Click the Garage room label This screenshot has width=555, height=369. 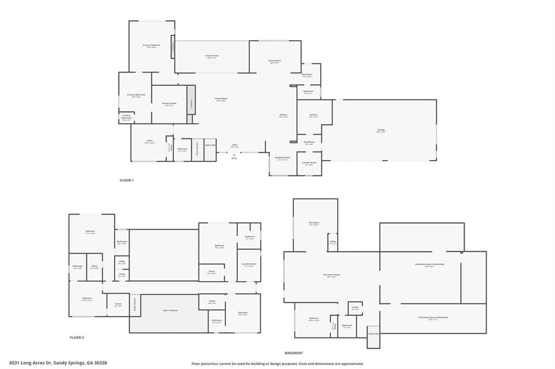click(x=382, y=130)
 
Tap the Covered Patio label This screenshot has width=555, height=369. click(x=212, y=56)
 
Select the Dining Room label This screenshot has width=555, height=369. click(x=275, y=61)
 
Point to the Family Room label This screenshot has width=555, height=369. click(x=221, y=99)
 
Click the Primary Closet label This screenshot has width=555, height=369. click(x=169, y=103)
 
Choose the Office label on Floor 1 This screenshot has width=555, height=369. click(x=150, y=141)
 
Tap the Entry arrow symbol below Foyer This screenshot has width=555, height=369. click(x=234, y=154)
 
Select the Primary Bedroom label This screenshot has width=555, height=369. click(x=151, y=45)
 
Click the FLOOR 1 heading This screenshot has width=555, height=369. click(x=126, y=180)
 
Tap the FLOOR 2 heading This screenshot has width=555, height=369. click(x=77, y=338)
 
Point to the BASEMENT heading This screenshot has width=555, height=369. click(x=293, y=353)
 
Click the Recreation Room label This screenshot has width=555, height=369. click(x=332, y=275)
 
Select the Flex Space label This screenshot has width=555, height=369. click(x=314, y=223)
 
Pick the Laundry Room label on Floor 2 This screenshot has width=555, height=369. click(x=249, y=264)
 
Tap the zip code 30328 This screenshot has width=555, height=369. click(x=100, y=363)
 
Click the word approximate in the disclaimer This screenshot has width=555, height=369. click(x=351, y=364)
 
